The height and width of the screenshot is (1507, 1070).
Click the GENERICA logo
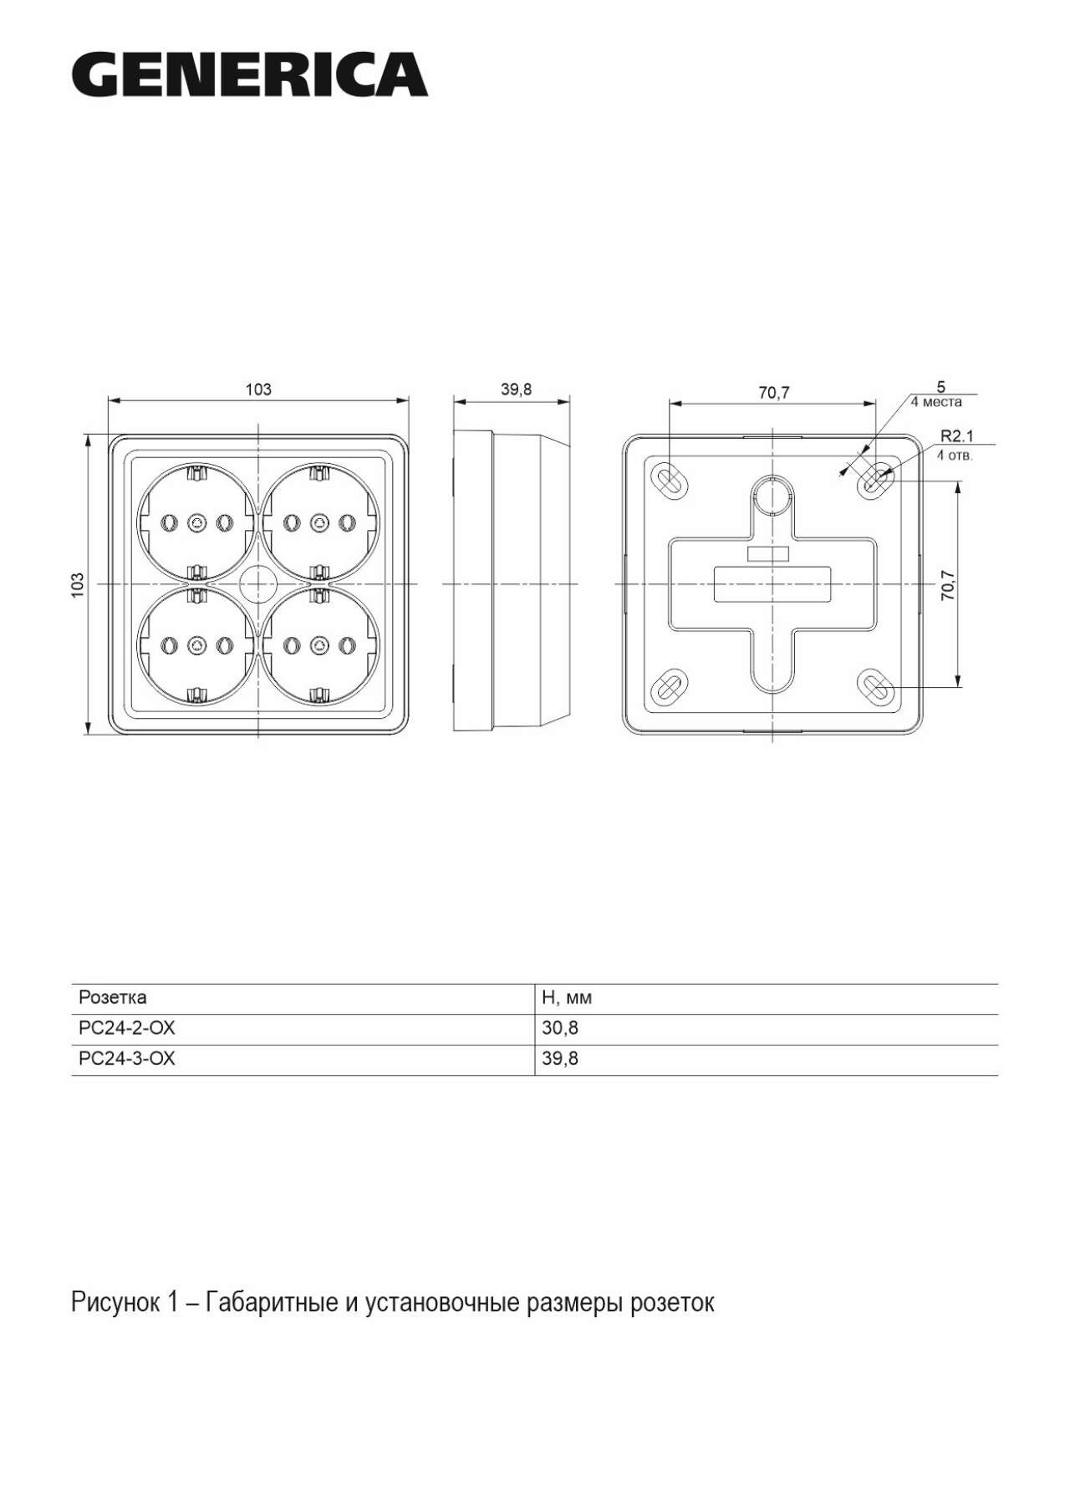point(249,74)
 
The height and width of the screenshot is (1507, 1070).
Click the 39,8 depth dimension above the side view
point(516,389)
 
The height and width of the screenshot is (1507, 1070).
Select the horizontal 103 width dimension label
point(258,389)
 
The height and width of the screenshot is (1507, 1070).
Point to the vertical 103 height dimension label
point(78,584)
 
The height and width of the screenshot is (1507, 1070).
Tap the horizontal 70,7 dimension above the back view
point(774,393)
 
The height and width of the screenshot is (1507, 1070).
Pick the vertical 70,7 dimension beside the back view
point(947,585)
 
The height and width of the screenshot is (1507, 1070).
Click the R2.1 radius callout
point(957,435)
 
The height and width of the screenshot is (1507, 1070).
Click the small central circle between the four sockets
point(257,583)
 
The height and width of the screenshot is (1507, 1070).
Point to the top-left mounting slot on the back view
point(669,480)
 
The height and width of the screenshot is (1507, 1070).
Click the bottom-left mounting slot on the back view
point(669,687)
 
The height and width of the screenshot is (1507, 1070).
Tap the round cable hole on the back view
point(772,496)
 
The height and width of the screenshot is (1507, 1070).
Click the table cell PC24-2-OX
point(127,1028)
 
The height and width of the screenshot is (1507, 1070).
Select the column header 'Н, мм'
point(567,998)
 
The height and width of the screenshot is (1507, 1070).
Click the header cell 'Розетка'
point(112,997)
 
